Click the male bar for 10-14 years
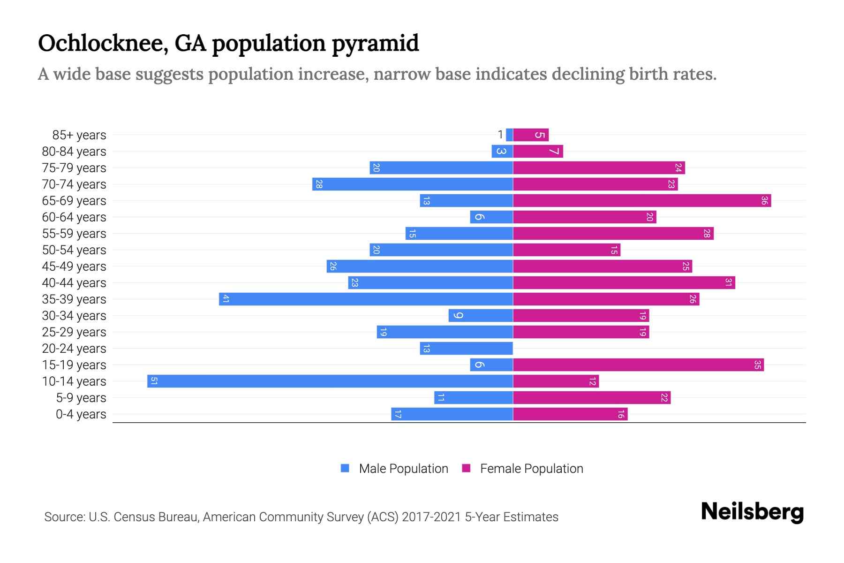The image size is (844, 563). (x=330, y=381)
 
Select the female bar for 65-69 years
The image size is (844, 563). (x=642, y=201)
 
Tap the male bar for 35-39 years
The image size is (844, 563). (x=366, y=299)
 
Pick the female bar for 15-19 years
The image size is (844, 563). (x=638, y=365)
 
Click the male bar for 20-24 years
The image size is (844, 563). (x=466, y=349)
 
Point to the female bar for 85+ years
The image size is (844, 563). (x=531, y=135)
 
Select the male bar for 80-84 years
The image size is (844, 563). (x=502, y=152)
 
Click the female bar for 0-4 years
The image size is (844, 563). (x=570, y=414)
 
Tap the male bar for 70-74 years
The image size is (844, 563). (x=413, y=184)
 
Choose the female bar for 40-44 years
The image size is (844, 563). (x=624, y=283)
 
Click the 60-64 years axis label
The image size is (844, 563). (x=74, y=217)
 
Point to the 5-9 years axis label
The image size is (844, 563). (x=81, y=398)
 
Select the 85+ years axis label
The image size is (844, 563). (x=79, y=135)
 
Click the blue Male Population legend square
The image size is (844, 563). (x=345, y=468)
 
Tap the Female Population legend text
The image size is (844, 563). (x=531, y=469)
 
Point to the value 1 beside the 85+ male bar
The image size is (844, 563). (x=500, y=135)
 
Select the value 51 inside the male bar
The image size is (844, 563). (x=154, y=381)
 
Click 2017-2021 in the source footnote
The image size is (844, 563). (x=431, y=517)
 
